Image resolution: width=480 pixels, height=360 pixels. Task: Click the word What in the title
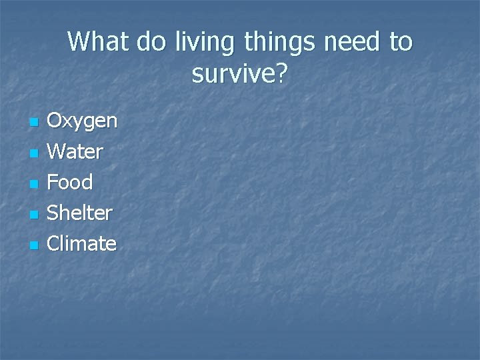[x=99, y=42]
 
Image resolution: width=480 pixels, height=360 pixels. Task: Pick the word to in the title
[x=401, y=42]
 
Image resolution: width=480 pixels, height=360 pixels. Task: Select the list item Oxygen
[x=82, y=122]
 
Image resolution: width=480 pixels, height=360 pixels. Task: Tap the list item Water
[x=75, y=152]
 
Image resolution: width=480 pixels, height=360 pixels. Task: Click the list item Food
[x=70, y=182]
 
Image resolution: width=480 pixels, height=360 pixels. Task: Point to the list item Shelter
[x=80, y=213]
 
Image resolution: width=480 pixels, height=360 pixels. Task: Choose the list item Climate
[x=81, y=243]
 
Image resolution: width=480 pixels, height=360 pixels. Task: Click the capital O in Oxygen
[x=55, y=121]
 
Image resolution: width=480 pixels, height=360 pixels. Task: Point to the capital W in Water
[x=57, y=152]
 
